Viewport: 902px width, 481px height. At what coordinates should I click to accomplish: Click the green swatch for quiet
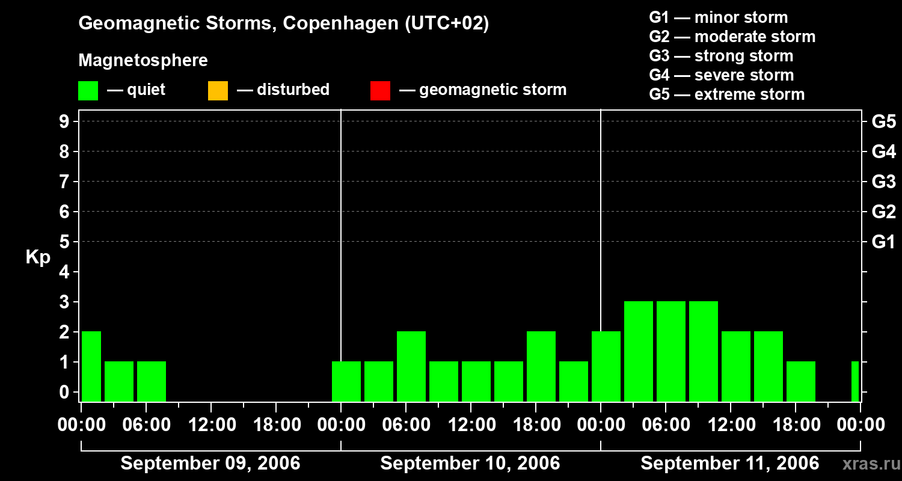[x=88, y=90]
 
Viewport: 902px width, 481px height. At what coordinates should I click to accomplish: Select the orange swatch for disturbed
[x=218, y=90]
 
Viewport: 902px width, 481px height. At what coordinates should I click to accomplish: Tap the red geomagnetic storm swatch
[x=380, y=90]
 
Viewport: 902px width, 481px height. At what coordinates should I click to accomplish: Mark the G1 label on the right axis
[x=883, y=242]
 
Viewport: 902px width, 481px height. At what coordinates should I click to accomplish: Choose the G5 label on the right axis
[x=883, y=122]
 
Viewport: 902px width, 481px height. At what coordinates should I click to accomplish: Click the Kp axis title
[x=38, y=257]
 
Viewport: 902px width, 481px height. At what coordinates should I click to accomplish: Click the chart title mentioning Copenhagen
[x=283, y=23]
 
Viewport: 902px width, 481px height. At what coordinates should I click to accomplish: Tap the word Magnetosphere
[x=143, y=61]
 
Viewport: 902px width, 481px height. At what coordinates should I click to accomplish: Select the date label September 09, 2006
[x=210, y=463]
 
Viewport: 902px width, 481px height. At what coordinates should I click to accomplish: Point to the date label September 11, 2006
[x=729, y=463]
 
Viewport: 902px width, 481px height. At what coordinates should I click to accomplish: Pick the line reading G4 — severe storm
[x=721, y=75]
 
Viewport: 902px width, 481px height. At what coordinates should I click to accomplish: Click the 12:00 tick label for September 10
[x=471, y=425]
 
